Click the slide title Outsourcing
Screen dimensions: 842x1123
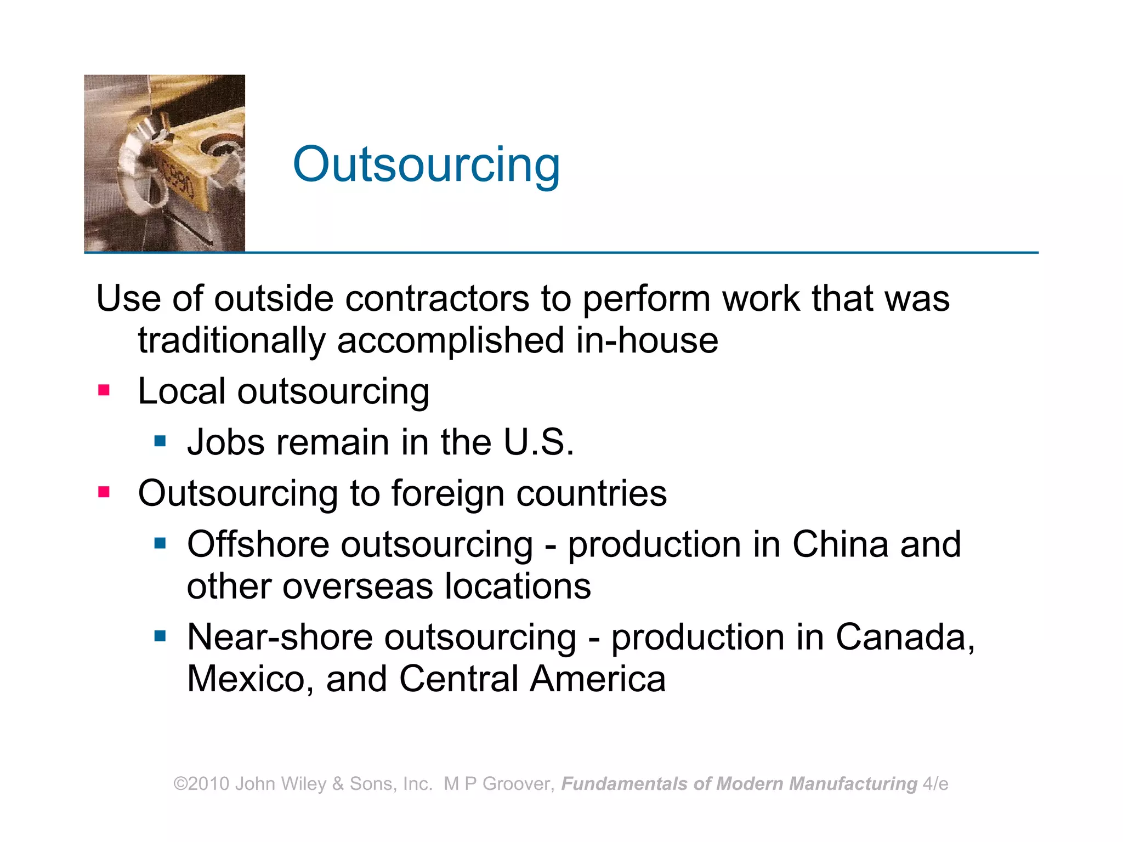(426, 164)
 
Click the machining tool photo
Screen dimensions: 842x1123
(165, 163)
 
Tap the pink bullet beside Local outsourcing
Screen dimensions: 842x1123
(104, 390)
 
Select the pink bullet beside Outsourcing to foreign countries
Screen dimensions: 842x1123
(104, 492)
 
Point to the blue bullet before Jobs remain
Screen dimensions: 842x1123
(160, 441)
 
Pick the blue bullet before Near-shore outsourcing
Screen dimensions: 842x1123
(160, 636)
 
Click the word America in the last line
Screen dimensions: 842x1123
(598, 679)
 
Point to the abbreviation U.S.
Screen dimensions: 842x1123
(538, 442)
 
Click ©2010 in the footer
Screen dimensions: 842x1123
(201, 784)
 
